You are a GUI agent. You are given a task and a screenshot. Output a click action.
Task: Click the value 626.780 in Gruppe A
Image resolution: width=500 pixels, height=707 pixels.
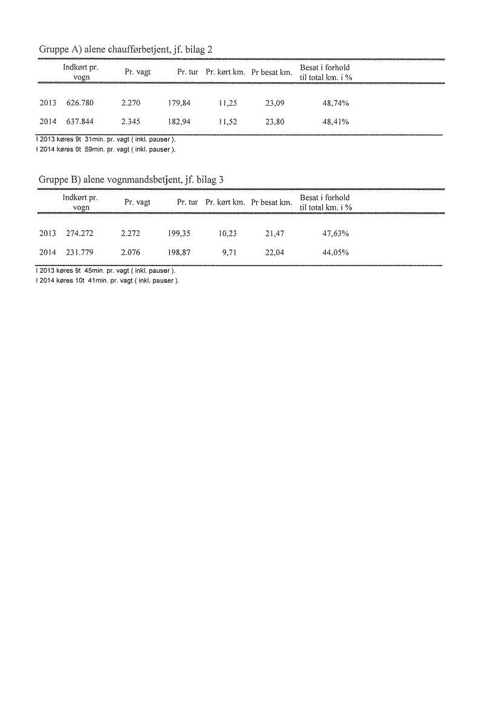click(x=80, y=103)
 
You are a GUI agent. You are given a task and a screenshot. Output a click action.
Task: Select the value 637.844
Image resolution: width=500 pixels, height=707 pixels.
click(x=80, y=122)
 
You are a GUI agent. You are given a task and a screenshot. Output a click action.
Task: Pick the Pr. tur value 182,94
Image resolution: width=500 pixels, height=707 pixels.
click(x=180, y=122)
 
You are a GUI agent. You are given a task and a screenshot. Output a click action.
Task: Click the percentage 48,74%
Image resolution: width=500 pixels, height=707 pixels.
click(x=336, y=103)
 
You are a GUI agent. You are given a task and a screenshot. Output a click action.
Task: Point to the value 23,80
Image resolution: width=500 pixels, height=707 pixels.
click(x=275, y=122)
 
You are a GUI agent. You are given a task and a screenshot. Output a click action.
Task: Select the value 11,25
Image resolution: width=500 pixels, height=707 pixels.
click(x=228, y=103)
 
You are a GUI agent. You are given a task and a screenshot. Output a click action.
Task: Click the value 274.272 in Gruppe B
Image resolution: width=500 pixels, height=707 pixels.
click(x=80, y=233)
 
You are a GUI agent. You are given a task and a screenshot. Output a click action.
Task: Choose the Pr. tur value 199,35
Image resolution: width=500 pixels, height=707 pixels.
click(x=180, y=233)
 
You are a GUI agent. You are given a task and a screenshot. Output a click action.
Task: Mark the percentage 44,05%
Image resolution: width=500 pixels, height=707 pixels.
click(x=336, y=252)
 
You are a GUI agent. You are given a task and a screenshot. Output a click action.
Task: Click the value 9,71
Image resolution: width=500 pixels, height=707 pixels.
click(x=230, y=252)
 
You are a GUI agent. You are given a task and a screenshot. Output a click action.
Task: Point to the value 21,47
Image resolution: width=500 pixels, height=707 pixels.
click(x=275, y=233)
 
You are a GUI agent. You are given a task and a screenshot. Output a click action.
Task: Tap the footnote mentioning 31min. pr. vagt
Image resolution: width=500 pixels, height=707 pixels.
click(x=106, y=140)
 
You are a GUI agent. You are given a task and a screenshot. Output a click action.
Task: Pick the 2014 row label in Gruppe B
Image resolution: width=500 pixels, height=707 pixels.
click(x=47, y=252)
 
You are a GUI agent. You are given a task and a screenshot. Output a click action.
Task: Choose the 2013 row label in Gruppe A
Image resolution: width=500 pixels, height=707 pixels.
click(x=47, y=103)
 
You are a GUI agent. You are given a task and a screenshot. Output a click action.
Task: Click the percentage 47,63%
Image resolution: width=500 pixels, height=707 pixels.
click(x=336, y=233)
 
